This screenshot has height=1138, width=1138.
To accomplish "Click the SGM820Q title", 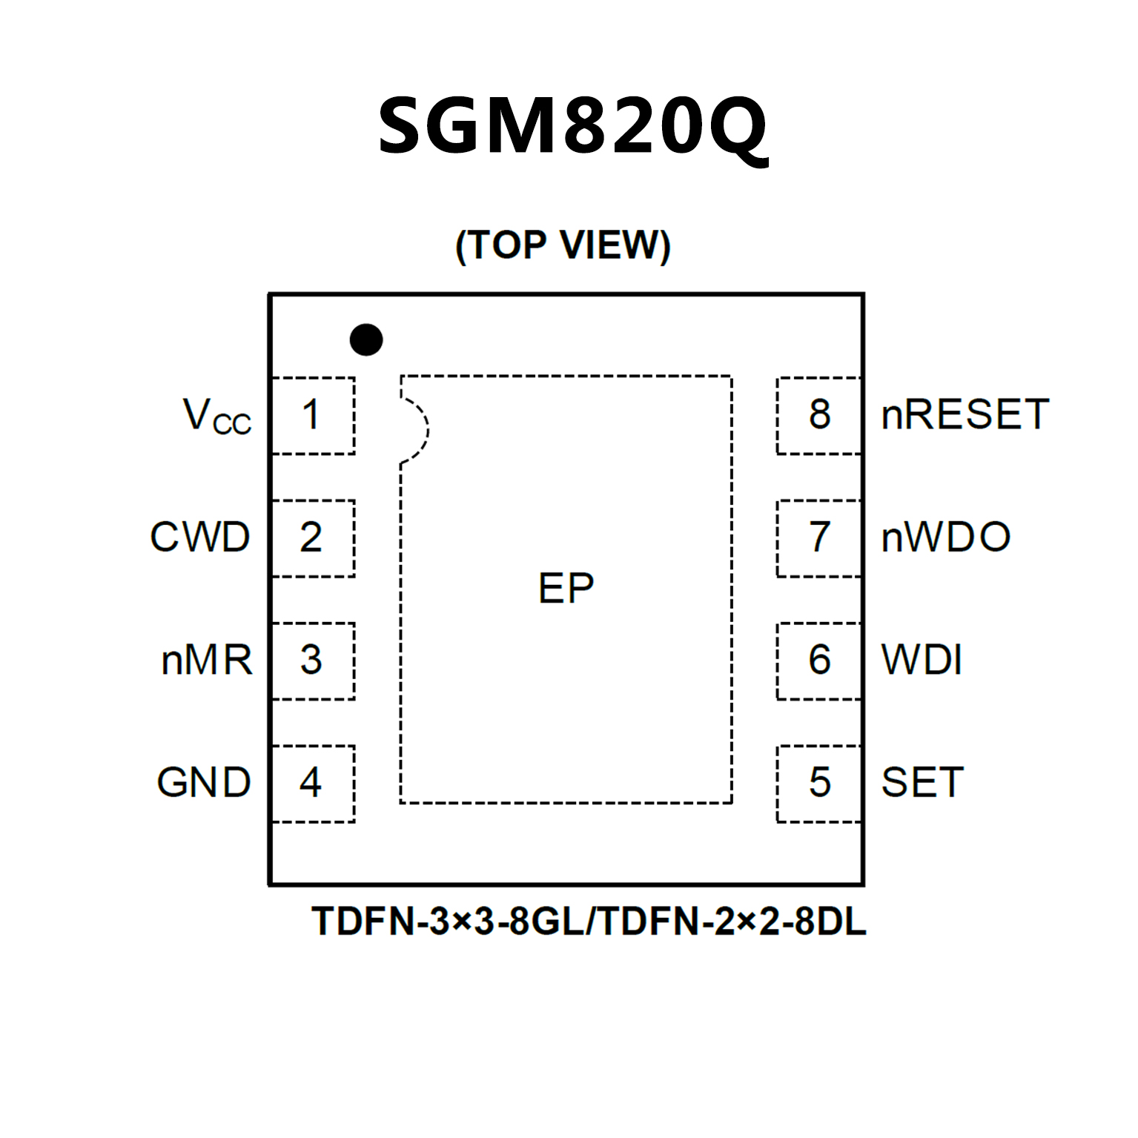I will (x=572, y=126).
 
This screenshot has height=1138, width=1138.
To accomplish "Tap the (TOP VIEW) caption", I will (x=563, y=245).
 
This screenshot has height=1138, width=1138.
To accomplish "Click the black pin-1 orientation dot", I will (x=366, y=340).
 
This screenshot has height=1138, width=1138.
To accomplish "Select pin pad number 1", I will (x=313, y=415).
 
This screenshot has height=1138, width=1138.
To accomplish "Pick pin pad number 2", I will (x=313, y=537).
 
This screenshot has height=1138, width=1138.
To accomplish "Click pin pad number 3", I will (x=313, y=661).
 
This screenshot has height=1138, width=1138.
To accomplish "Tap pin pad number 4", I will (x=313, y=783).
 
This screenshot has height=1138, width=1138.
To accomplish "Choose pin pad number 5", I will (x=819, y=783).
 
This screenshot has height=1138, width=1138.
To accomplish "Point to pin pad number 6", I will (x=819, y=661).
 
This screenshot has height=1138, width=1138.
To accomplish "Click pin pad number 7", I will (x=819, y=537).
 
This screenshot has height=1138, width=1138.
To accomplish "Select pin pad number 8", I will (x=819, y=415).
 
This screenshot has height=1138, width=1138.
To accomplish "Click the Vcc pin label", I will (x=216, y=416).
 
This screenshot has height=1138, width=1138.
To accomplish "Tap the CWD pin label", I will (x=200, y=537).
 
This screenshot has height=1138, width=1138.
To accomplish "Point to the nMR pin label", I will (x=207, y=661).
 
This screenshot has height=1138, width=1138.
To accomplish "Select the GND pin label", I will (x=204, y=783).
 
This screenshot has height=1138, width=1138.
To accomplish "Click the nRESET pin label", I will (x=965, y=415).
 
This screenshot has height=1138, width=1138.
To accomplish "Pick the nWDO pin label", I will (x=946, y=537).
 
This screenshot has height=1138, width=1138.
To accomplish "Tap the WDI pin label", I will (x=922, y=661).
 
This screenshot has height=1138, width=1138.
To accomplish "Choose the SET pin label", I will (x=922, y=783).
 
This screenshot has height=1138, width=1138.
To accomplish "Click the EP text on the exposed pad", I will (x=566, y=589).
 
